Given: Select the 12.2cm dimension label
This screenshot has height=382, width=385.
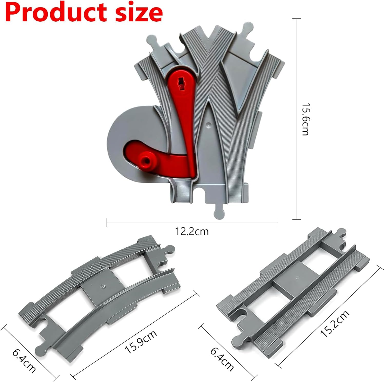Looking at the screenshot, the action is tap(192, 231).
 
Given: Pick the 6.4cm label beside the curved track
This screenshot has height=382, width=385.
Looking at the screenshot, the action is tap(24, 360).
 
